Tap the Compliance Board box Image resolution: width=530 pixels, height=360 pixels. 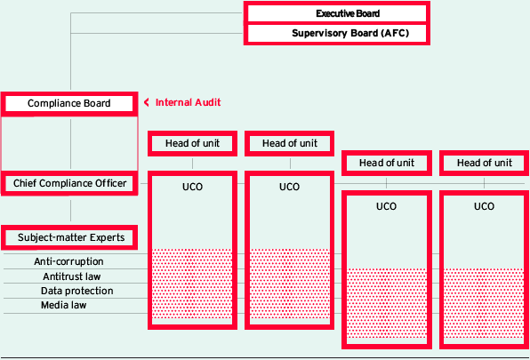coord(69,103)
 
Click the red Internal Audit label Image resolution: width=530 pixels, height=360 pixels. coord(188,102)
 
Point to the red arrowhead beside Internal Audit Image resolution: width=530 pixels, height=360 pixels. coord(147,102)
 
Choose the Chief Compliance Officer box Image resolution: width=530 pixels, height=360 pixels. coord(69,183)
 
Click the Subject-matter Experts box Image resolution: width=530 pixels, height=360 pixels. coord(69,237)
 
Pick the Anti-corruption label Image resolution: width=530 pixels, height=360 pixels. coord(69,261)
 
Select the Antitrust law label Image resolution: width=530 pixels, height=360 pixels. coord(72,276)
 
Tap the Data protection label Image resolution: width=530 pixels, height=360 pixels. coord(77,291)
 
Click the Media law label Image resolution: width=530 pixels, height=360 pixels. coord(63,305)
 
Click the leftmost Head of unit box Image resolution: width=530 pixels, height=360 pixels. coord(192,143)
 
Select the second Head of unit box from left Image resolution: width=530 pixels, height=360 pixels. coord(290,143)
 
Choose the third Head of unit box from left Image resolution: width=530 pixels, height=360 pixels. coord(387,164)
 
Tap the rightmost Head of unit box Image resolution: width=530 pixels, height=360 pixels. coord(485,164)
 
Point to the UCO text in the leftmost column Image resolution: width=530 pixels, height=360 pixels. coord(192,187)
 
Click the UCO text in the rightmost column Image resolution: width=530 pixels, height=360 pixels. coord(484,206)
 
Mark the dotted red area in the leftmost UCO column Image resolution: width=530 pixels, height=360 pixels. coord(192,284)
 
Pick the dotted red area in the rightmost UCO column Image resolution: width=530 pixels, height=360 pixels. coord(484,303)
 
